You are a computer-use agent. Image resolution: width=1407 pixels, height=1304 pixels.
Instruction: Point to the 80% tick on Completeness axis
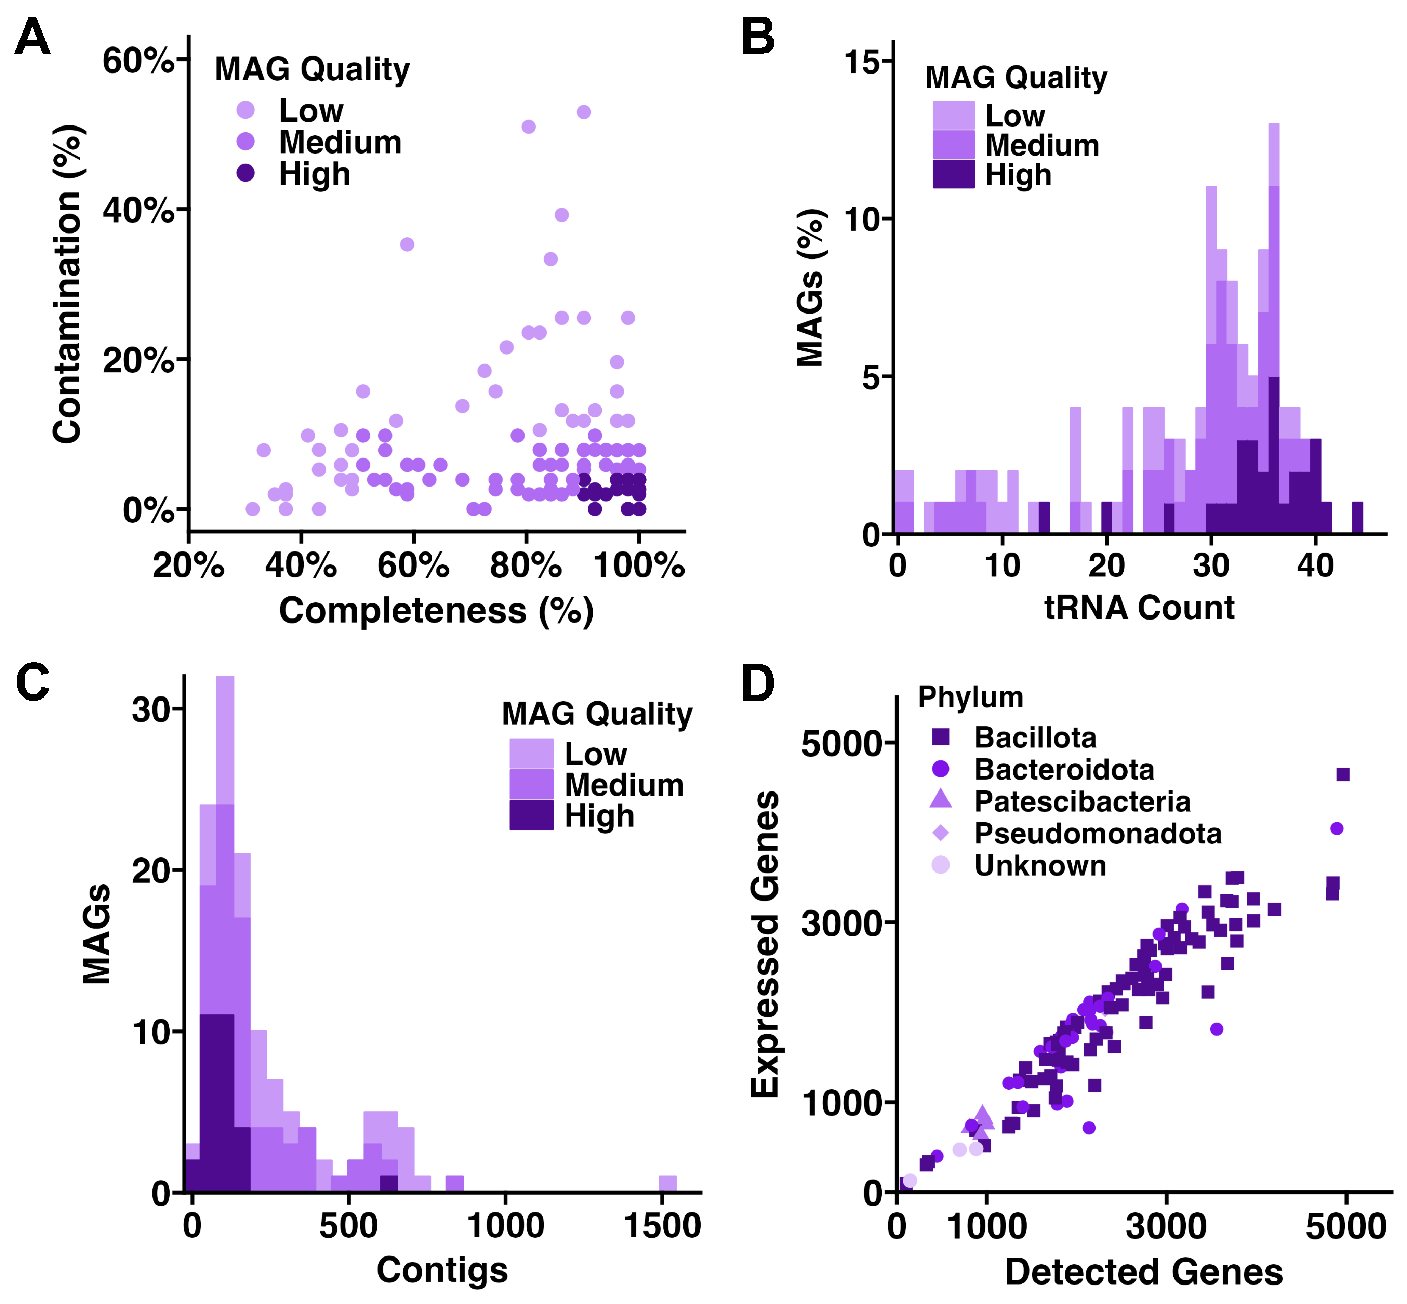[x=526, y=565]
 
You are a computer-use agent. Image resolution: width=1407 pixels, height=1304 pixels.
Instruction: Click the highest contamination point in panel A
[x=584, y=112]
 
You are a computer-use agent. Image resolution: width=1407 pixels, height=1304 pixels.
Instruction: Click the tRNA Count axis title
[x=1139, y=608]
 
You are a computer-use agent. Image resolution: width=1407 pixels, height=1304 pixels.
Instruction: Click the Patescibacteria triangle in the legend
[x=941, y=799]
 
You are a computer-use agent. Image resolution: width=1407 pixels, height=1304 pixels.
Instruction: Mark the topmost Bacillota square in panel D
[x=1343, y=775]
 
